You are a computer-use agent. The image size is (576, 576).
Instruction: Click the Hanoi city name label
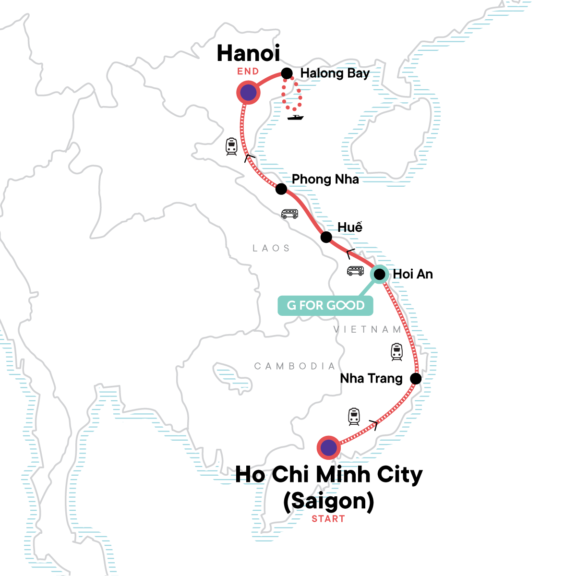tap(248, 53)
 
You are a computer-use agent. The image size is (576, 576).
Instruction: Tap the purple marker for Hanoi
tap(248, 93)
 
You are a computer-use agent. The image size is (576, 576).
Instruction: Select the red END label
tap(248, 72)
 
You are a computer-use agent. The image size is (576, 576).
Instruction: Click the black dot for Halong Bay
tap(287, 73)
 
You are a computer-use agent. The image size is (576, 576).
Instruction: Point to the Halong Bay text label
tap(335, 73)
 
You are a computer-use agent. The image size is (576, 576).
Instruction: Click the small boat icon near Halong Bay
tap(295, 117)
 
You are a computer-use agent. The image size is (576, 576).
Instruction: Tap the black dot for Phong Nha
tap(281, 189)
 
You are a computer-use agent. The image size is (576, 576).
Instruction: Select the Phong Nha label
tap(325, 180)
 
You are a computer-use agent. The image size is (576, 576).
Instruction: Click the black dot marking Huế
tap(326, 237)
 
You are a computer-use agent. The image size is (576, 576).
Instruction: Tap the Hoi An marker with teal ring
tap(379, 274)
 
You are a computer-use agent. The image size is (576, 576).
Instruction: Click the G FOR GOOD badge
tap(325, 305)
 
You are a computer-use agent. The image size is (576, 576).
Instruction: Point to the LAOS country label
tap(271, 248)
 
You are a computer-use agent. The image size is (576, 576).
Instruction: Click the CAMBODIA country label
tap(294, 366)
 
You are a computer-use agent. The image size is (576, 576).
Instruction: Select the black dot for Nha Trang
tap(416, 378)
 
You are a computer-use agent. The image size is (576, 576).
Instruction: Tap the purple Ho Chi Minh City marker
tap(329, 448)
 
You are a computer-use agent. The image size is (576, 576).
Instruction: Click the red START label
tap(328, 519)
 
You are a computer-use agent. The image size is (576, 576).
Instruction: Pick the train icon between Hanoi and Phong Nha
tap(232, 146)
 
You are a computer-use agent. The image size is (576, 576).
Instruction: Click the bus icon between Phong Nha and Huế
tap(289, 214)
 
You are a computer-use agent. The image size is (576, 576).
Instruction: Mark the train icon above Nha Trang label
tap(396, 352)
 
